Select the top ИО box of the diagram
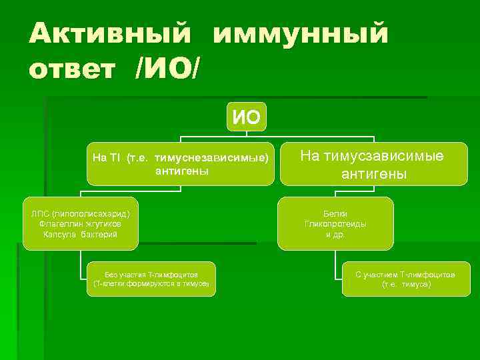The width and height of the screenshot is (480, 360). click(246, 118)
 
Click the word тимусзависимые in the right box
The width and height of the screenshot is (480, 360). click(386, 156)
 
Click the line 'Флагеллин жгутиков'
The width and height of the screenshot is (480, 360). click(80, 224)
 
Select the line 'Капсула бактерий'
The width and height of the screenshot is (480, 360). click(80, 235)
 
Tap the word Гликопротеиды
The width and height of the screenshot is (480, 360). click(335, 224)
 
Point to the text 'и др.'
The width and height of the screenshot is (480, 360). click(335, 235)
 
